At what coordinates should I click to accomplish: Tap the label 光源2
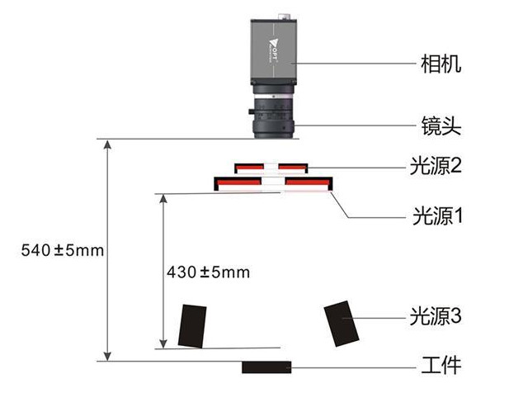pyautogui.click(x=435, y=166)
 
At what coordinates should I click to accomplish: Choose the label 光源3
pyautogui.click(x=435, y=315)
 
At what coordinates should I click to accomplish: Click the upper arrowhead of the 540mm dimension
pyautogui.click(x=106, y=144)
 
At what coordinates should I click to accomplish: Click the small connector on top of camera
pyautogui.click(x=285, y=14)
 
